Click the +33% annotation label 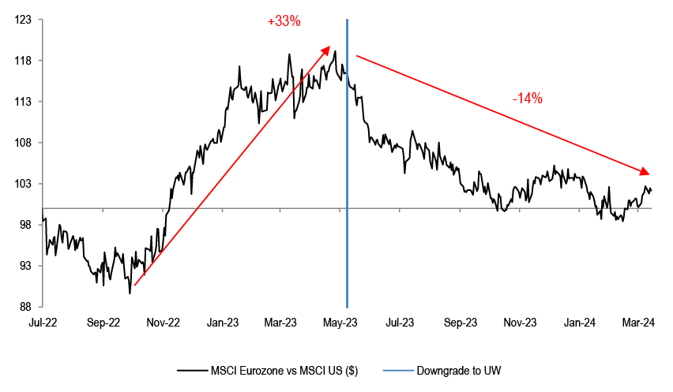click(284, 22)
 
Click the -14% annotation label click(526, 99)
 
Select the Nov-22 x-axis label click(164, 323)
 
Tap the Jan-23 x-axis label click(223, 323)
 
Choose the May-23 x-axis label click(340, 323)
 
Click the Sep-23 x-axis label click(461, 323)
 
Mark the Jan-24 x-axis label click(580, 323)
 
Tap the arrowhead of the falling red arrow click(645, 172)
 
